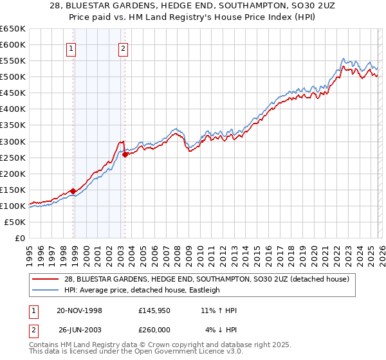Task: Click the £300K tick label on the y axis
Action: [12, 141]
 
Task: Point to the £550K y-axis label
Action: [12, 61]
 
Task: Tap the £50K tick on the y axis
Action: [15, 222]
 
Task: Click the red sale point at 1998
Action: [73, 191]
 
